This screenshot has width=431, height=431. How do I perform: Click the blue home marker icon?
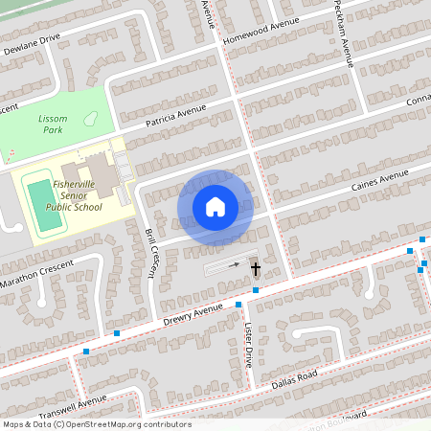point(215,207)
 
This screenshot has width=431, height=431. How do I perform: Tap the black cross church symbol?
point(256,268)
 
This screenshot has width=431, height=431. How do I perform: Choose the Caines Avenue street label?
point(380,177)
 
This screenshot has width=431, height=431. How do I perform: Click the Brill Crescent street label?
point(150,252)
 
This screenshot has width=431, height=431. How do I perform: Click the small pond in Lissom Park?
point(91,118)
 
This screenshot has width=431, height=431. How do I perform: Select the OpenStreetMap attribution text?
point(96,424)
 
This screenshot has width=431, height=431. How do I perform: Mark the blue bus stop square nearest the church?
point(256,289)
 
